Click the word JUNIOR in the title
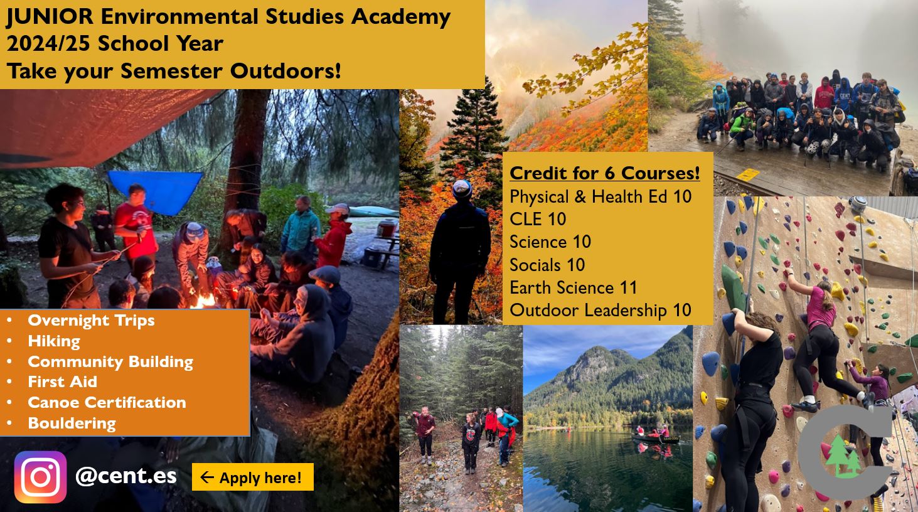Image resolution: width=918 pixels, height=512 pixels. (50, 17)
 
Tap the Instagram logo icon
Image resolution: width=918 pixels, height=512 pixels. (40, 477)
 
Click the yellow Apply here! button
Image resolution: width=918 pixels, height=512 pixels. (253, 477)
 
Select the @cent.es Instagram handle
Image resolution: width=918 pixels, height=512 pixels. (126, 476)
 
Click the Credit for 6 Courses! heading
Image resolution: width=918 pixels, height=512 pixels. (604, 173)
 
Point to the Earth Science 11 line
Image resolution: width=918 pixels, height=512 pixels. (574, 288)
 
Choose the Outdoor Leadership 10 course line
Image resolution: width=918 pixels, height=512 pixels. (600, 311)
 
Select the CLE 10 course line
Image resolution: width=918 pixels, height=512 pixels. (538, 219)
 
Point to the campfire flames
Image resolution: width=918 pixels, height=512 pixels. (203, 301)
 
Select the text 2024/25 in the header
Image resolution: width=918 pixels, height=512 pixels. (48, 44)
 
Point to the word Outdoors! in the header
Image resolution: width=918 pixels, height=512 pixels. (286, 71)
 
